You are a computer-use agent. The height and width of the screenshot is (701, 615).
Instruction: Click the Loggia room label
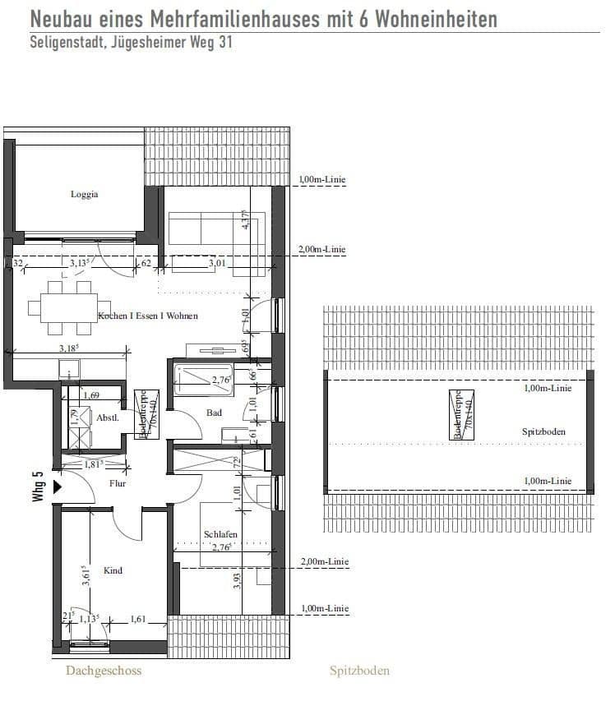tap(85, 195)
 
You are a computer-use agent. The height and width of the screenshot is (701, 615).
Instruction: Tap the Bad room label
tap(214, 413)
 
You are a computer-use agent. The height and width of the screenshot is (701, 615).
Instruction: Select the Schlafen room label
tap(220, 534)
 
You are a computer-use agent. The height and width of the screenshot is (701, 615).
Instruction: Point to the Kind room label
tap(113, 570)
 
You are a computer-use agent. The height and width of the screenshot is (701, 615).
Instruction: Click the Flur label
tap(118, 483)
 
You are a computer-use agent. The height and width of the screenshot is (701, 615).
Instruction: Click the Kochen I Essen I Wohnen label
tap(148, 316)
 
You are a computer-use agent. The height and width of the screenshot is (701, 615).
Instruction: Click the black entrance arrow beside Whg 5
tap(57, 486)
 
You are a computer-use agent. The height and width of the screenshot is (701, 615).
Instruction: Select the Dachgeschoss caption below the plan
tap(104, 671)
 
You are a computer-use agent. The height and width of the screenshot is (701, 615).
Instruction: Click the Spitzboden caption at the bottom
tap(359, 671)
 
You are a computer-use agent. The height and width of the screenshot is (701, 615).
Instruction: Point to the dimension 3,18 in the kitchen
tap(70, 348)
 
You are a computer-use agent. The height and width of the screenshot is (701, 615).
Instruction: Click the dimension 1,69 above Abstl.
tap(92, 396)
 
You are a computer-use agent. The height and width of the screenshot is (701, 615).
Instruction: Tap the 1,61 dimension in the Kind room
tap(136, 620)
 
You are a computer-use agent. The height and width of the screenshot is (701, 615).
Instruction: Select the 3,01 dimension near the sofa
tap(217, 263)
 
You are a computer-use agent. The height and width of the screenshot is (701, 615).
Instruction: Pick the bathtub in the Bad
tap(204, 379)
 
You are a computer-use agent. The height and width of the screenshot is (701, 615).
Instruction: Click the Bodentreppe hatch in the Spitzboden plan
tap(459, 416)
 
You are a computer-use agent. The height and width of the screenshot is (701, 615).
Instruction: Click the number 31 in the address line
tap(222, 43)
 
